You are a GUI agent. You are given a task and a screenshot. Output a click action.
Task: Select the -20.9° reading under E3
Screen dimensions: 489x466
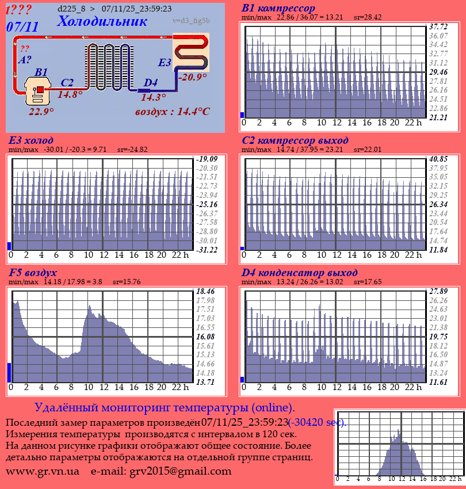pyautogui.click(x=192, y=77)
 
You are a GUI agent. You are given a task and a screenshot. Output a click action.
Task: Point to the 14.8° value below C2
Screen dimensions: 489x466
pyautogui.click(x=70, y=94)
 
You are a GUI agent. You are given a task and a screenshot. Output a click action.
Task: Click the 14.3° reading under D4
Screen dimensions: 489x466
pyautogui.click(x=153, y=97)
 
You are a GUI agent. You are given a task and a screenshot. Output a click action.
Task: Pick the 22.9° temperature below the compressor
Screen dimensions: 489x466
pyautogui.click(x=41, y=111)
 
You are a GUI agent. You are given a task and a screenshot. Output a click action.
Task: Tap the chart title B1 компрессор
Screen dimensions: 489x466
pyautogui.click(x=278, y=9)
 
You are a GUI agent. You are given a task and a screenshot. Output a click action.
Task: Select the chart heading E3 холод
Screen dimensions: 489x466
pyautogui.click(x=31, y=140)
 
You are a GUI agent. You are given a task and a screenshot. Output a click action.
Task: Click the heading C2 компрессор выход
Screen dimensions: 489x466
pyautogui.click(x=295, y=140)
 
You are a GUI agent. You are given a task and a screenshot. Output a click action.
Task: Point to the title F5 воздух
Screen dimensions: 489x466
pyautogui.click(x=33, y=273)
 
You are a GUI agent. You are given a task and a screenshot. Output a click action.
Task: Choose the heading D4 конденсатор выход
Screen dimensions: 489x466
pyautogui.click(x=299, y=273)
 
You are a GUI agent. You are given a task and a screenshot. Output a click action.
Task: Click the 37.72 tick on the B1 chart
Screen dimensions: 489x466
pyautogui.click(x=438, y=26)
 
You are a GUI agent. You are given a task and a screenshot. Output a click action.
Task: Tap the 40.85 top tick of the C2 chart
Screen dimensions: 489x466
pyautogui.click(x=438, y=159)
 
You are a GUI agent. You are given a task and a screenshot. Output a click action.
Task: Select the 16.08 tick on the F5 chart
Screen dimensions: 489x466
pyautogui.click(x=205, y=336)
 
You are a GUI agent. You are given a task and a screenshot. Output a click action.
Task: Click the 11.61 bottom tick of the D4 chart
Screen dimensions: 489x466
pyautogui.click(x=438, y=382)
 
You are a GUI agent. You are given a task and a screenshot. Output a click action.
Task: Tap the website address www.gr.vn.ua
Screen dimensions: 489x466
pyautogui.click(x=43, y=472)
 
